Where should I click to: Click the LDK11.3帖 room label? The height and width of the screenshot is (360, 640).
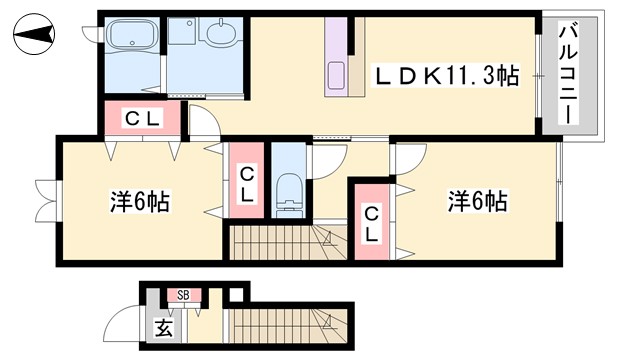[446, 75]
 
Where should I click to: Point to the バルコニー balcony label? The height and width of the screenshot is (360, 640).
[567, 74]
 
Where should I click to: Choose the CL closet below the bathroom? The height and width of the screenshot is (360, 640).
[142, 119]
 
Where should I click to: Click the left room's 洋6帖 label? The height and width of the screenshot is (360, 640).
[139, 203]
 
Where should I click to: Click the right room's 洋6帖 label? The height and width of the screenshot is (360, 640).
[477, 201]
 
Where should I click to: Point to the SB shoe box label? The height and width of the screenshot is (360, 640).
[184, 295]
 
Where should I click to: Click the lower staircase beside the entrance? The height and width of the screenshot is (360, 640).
[290, 329]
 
